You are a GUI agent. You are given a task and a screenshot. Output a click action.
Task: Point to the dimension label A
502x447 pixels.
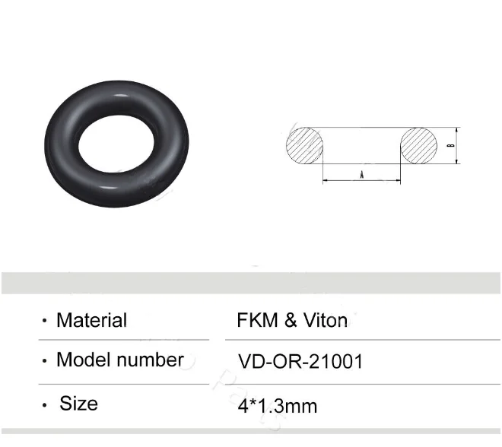pyautogui.click(x=361, y=175)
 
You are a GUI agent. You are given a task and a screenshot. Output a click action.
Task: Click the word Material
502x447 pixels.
pyautogui.click(x=91, y=320)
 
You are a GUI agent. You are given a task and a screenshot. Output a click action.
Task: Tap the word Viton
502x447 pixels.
pyautogui.click(x=325, y=320)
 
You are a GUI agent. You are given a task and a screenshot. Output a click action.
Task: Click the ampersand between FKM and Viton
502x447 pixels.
pyautogui.click(x=290, y=320)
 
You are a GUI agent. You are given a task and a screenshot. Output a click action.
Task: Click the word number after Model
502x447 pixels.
pyautogui.click(x=150, y=360)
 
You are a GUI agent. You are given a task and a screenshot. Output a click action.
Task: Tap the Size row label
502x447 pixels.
pyautogui.click(x=78, y=402)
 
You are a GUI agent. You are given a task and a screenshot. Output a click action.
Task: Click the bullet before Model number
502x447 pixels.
pyautogui.click(x=44, y=361)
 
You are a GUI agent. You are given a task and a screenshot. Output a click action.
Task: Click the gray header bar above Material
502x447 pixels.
pyautogui.click(x=251, y=282)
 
